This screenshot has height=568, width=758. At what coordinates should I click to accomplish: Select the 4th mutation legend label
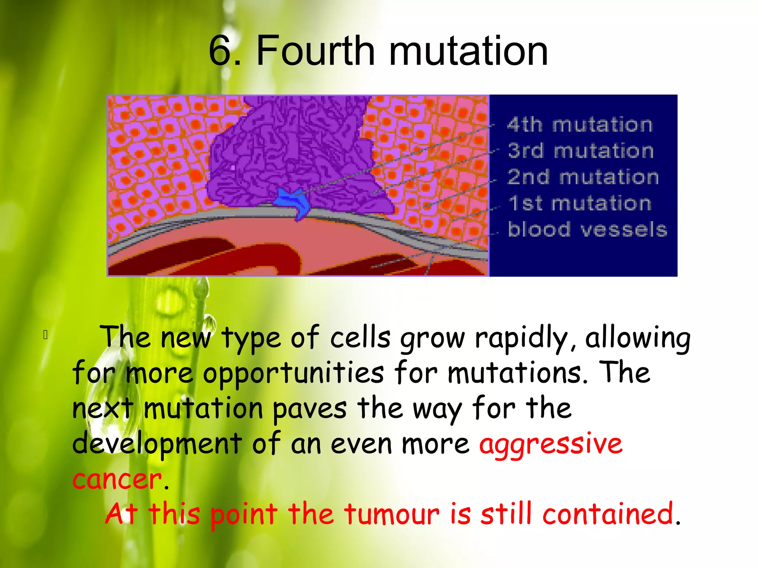pyautogui.click(x=580, y=125)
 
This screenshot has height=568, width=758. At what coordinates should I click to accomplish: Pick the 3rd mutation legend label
pyautogui.click(x=580, y=151)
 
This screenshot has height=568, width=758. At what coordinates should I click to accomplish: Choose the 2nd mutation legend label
pyautogui.click(x=583, y=177)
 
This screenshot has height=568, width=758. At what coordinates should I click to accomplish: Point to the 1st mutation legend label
pyautogui.click(x=580, y=203)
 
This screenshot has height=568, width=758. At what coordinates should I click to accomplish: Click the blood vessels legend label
pyautogui.click(x=587, y=229)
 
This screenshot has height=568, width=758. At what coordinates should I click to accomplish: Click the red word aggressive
pyautogui.click(x=551, y=444)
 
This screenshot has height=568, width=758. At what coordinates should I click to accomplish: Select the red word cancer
pyautogui.click(x=117, y=479)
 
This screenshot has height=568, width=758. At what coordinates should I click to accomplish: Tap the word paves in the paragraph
pyautogui.click(x=310, y=409)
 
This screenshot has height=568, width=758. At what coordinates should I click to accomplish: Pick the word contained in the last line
pyautogui.click(x=607, y=514)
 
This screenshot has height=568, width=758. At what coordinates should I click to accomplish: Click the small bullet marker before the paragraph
pyautogui.click(x=46, y=335)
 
